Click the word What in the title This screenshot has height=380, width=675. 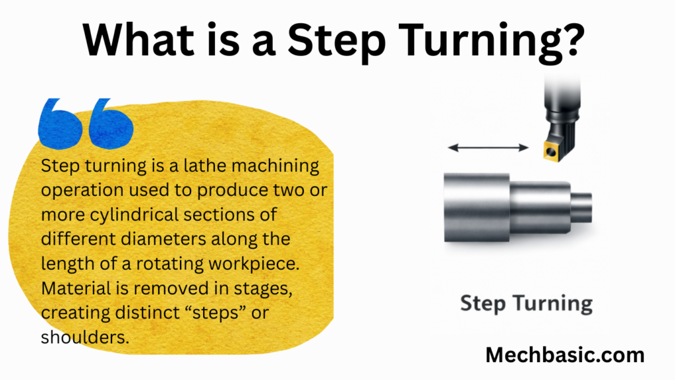coord(138,39)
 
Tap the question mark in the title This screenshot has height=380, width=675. coord(572,39)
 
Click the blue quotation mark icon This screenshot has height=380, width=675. coord(86,123)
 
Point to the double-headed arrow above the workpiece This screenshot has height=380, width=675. coord(488,148)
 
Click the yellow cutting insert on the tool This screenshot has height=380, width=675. coord(552,150)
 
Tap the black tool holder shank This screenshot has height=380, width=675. coord(562,112)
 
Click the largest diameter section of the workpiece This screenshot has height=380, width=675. coord(477,207)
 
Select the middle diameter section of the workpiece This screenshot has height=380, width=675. coord(541,208)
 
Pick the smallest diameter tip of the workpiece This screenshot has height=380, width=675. coord(581,208)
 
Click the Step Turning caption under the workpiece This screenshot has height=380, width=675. coord(526,303)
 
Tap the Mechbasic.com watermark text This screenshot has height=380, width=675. coord(565,355)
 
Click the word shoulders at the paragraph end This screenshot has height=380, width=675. coord(85,337)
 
